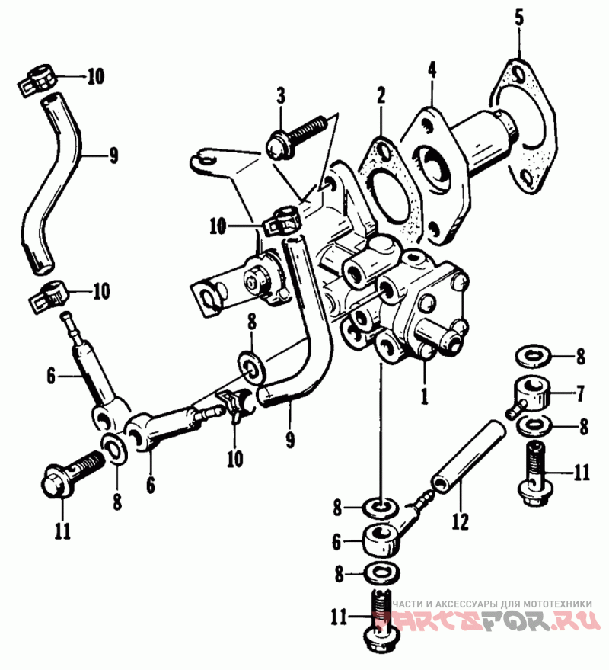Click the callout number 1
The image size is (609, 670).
(425, 396)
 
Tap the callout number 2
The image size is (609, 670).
(380, 96)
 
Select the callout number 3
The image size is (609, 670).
(281, 96)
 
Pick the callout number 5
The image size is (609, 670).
(519, 18)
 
